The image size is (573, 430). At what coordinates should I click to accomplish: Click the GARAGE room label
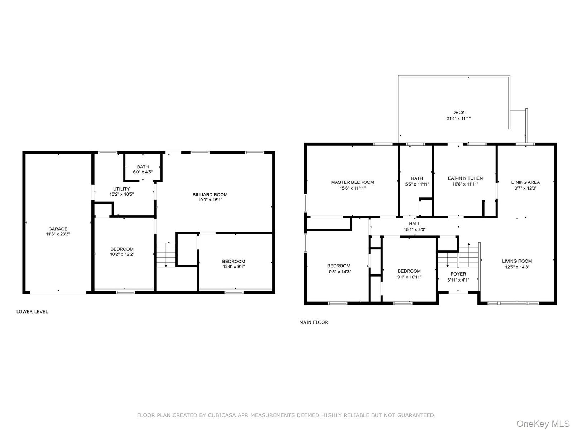coord(58,229)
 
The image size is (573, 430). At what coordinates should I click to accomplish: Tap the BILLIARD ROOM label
coord(210,195)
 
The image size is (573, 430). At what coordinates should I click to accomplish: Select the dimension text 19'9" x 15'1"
coord(210,200)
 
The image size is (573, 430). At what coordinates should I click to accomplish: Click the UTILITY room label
coord(121,189)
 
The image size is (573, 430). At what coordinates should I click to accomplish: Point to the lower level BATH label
coord(143,167)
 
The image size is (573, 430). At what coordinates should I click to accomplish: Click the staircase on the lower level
coord(166,254)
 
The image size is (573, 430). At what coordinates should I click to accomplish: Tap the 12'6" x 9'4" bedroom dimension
coord(233,266)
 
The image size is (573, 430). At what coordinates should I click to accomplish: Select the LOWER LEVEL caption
coord(32,312)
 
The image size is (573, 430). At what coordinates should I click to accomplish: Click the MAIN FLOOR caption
coord(314,322)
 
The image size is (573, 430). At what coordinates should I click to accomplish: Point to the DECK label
coord(458,113)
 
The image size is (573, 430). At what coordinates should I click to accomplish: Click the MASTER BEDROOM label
coord(352,182)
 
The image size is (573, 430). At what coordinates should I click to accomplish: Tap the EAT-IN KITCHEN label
coord(465,178)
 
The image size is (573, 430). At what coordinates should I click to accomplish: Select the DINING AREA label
coord(525,182)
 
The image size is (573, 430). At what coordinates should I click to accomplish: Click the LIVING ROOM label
coord(517,261)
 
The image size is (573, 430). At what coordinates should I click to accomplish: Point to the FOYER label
coord(458,274)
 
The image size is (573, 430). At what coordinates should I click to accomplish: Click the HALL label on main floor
coord(415,224)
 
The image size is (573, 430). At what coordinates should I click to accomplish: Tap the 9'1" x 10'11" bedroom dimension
coord(409,277)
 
